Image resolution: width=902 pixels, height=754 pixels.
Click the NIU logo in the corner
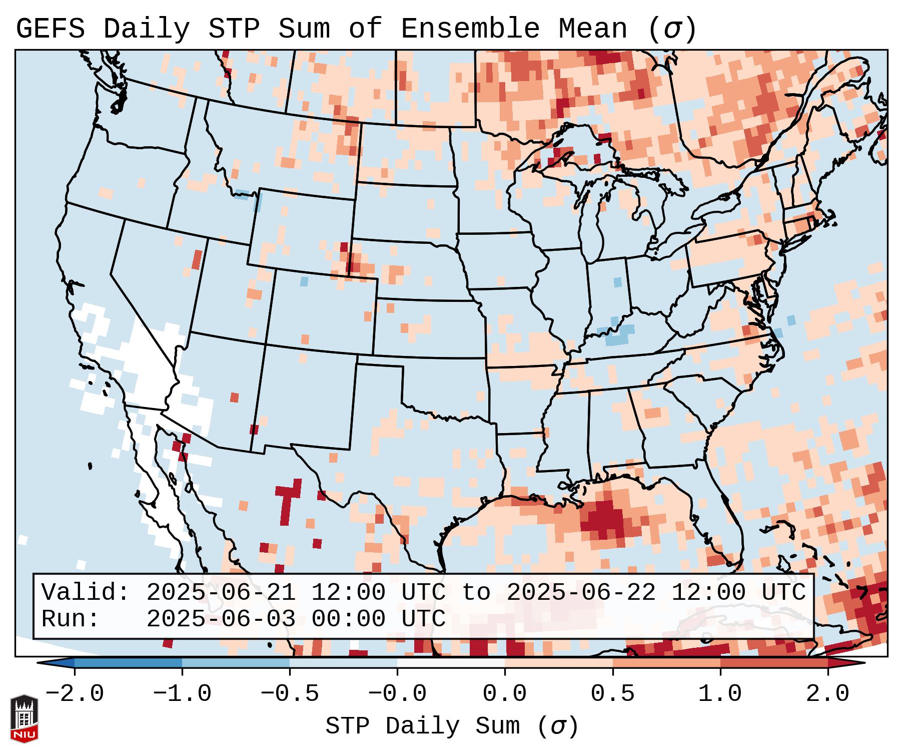[x=24, y=718]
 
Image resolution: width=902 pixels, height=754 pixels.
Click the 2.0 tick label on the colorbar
[x=827, y=694]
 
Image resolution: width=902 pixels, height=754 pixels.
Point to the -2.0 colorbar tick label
[x=75, y=694]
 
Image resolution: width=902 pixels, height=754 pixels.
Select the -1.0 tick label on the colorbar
[x=182, y=694]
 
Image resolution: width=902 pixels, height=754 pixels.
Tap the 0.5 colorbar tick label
[x=612, y=694]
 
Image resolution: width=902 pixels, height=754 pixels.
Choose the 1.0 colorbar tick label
[x=720, y=694]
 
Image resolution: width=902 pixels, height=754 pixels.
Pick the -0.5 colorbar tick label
[x=290, y=694]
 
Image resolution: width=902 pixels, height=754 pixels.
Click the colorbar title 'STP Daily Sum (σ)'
[x=452, y=726]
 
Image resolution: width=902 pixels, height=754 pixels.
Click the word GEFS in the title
[x=50, y=29]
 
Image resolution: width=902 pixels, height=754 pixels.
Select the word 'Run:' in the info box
[x=71, y=619]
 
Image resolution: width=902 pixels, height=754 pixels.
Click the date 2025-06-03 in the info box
[x=221, y=619]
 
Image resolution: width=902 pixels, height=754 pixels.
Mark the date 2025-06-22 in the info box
[x=581, y=592]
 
